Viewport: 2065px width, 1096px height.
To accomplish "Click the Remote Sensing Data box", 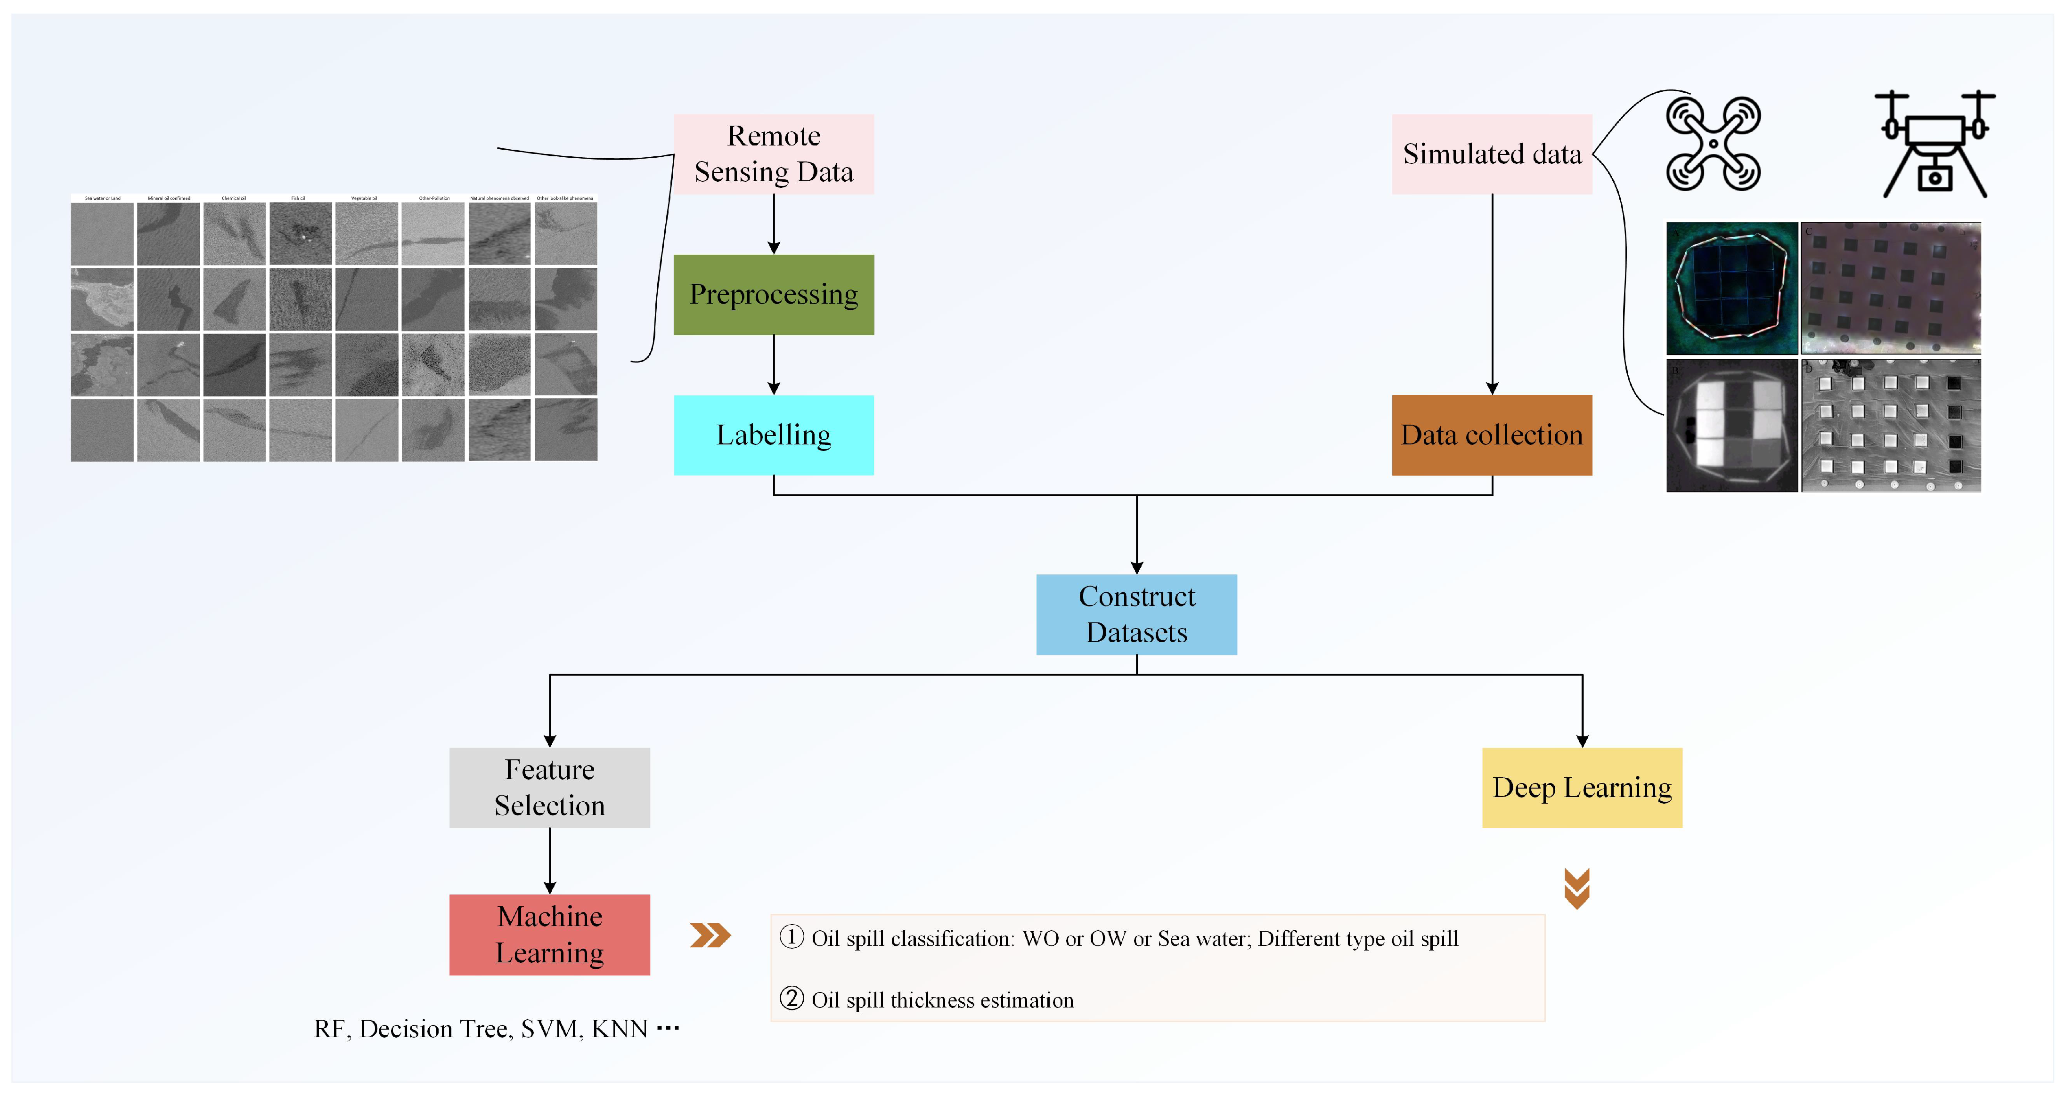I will (774, 154).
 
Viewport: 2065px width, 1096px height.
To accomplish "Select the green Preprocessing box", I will (774, 295).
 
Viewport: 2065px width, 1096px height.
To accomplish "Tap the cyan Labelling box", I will (774, 435).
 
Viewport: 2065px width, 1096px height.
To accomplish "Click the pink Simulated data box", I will (1492, 154).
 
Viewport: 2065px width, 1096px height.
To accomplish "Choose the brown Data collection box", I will (1492, 435).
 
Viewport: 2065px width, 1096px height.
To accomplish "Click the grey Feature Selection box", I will (549, 788).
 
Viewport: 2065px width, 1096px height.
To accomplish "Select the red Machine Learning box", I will (549, 934).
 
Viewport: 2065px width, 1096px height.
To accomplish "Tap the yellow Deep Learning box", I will (1582, 788).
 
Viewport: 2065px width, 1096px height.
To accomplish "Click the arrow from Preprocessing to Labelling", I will (774, 364).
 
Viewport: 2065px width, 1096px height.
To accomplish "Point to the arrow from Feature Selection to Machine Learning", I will (549, 861).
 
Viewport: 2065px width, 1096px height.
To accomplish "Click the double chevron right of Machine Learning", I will (710, 935).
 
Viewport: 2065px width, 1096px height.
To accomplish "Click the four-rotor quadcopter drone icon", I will (1713, 144).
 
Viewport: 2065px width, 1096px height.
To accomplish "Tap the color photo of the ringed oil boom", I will (1731, 289).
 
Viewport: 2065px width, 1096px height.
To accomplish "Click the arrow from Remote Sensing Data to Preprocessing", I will (774, 224).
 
